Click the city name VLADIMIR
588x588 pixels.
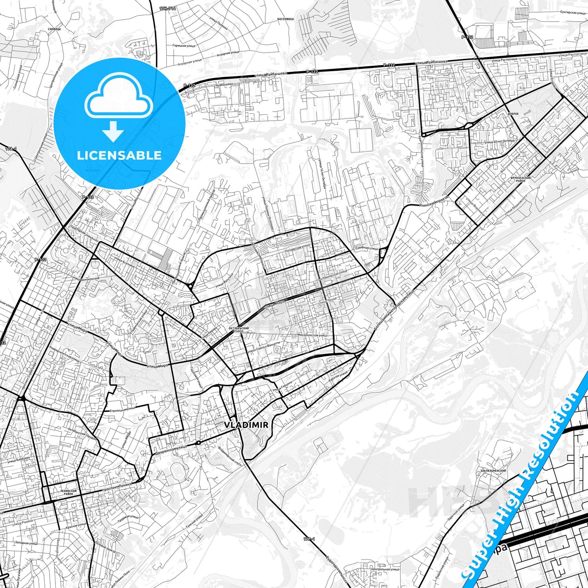pyautogui.click(x=246, y=425)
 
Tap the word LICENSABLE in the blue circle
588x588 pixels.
pyautogui.click(x=119, y=155)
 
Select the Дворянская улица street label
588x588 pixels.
pyautogui.click(x=170, y=449)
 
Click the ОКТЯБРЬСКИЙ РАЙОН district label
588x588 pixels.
pyautogui.click(x=239, y=329)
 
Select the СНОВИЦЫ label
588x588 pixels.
pyautogui.click(x=54, y=29)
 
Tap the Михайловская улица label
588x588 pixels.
pyautogui.click(x=312, y=335)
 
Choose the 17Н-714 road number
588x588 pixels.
pyautogui.click(x=168, y=8)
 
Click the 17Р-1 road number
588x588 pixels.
pyautogui.click(x=309, y=539)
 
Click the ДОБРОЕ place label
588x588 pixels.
pyautogui.click(x=513, y=114)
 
